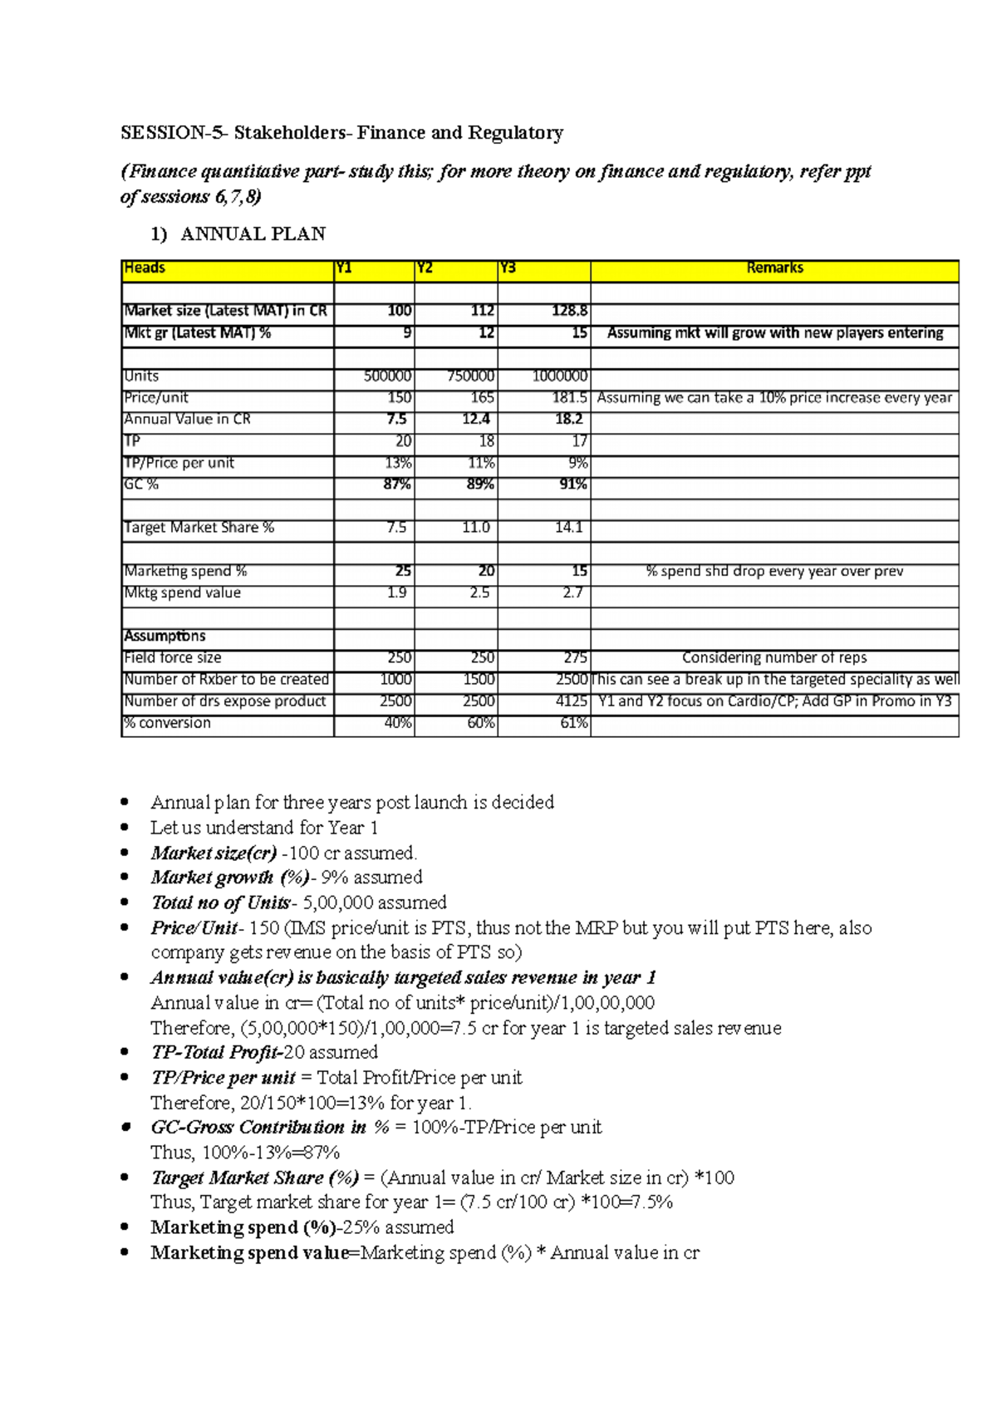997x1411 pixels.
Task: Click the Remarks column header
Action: [x=774, y=268]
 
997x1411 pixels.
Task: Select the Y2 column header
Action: [x=425, y=268]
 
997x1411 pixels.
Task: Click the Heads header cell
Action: [x=145, y=268]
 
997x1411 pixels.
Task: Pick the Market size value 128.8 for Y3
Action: [x=569, y=311]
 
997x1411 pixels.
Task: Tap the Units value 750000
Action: [x=470, y=376]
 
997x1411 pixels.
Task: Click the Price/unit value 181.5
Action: [x=570, y=398]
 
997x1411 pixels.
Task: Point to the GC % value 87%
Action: [x=397, y=484]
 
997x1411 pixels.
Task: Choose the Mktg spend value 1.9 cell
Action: [x=396, y=592]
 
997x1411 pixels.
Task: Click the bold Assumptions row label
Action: [x=165, y=637]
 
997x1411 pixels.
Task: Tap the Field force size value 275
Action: [x=575, y=658]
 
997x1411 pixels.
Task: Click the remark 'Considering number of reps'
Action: [x=774, y=658]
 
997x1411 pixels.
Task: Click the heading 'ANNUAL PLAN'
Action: [x=253, y=234]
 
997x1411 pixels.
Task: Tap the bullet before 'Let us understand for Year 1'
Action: [x=125, y=828]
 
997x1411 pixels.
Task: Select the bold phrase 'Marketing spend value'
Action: [x=249, y=1253]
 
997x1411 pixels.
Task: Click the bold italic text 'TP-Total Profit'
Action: [x=217, y=1053]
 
